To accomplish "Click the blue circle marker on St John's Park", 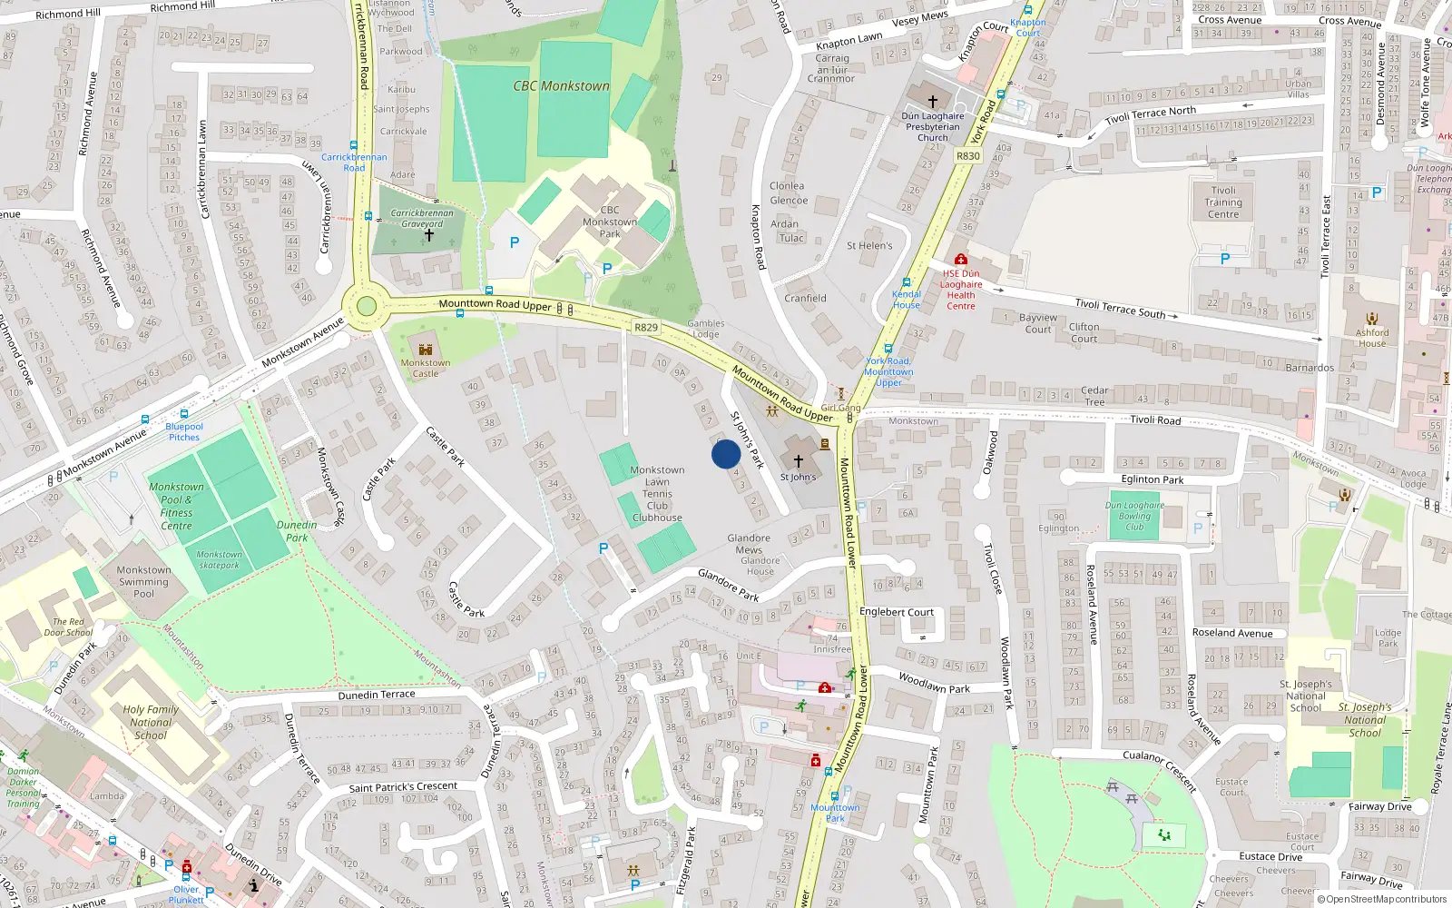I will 726,454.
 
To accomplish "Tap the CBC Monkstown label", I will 561,86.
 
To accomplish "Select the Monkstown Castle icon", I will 425,349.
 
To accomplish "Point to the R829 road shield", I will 646,328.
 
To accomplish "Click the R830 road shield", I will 968,156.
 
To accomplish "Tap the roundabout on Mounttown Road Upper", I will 367,306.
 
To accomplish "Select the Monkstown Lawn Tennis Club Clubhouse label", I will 657,494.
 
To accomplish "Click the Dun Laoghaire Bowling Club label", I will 1134,516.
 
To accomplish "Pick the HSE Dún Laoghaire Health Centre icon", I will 961,260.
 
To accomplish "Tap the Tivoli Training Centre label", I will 1223,202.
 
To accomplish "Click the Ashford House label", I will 1372,338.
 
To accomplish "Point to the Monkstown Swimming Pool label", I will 143,582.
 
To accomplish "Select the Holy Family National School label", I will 151,723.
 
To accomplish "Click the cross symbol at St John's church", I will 799,461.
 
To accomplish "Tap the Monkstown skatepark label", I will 220,559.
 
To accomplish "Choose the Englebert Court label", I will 897,612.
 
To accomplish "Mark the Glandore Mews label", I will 749,544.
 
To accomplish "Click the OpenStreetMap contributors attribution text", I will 1386,900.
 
